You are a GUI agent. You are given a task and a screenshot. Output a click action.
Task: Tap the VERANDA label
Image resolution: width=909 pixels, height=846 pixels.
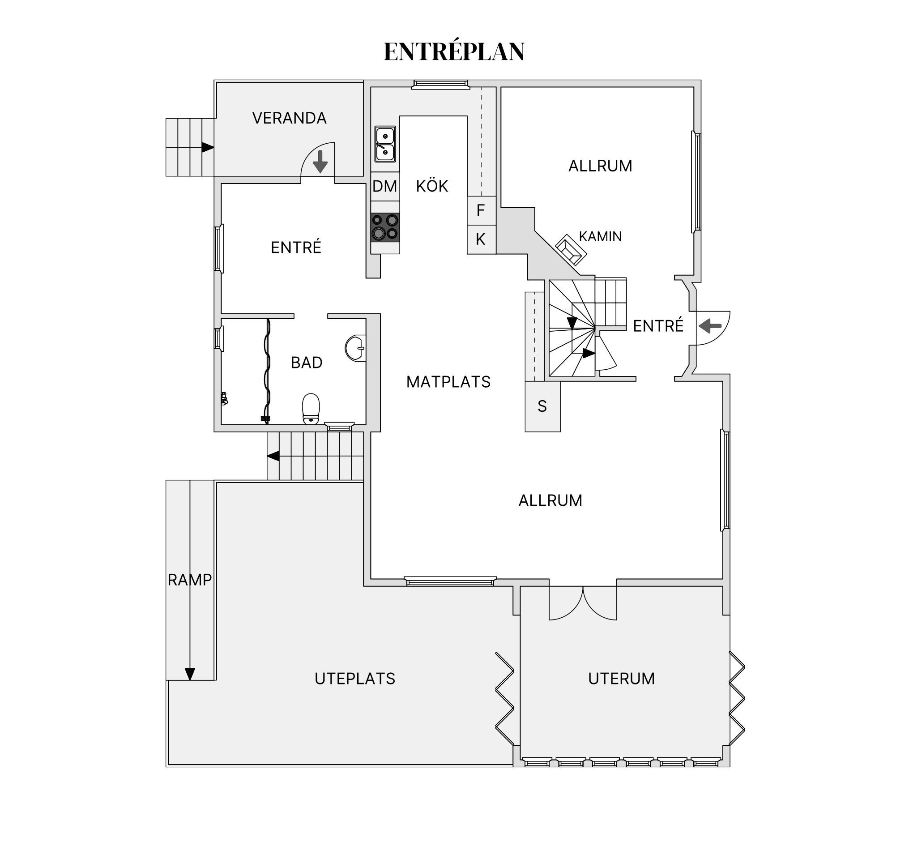[290, 118]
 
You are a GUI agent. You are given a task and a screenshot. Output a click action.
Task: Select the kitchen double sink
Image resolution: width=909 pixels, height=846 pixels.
[385, 144]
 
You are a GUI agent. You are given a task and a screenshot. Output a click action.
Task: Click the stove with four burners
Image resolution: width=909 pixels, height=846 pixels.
[385, 227]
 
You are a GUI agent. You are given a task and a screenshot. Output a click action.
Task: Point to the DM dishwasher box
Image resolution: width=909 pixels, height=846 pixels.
[385, 186]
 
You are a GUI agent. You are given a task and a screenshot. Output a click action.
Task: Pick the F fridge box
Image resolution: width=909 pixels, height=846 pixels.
[482, 210]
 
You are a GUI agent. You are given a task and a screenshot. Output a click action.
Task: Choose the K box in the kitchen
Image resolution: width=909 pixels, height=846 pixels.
[482, 239]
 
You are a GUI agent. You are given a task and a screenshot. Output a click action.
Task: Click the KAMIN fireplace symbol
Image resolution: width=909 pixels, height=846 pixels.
[571, 250]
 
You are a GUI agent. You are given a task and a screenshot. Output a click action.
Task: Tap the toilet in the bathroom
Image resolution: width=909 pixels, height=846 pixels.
[311, 409]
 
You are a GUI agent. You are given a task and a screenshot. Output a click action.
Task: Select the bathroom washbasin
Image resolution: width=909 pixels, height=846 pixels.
[356, 348]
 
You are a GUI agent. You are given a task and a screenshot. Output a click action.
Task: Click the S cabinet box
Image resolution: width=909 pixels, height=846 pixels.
[543, 406]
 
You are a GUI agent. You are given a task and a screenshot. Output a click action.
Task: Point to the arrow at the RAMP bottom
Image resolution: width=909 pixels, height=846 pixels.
[190, 674]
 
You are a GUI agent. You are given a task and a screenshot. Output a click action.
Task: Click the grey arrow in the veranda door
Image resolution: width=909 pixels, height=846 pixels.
[320, 162]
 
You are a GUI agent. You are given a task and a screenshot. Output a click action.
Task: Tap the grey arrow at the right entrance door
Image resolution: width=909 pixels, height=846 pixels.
[710, 326]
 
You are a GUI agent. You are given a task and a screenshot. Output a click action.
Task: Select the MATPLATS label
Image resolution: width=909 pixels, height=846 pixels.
[448, 382]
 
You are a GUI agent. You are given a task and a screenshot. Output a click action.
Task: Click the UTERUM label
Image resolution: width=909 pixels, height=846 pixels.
[621, 679]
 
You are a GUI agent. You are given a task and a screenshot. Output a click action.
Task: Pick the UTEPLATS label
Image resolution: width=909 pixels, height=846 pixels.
[355, 679]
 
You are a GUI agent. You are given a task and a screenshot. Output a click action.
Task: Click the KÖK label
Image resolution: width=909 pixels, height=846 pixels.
[432, 186]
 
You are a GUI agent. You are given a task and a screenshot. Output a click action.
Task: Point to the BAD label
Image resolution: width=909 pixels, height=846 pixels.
[307, 363]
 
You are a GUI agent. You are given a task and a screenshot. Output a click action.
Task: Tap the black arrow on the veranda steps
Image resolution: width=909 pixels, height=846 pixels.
[208, 147]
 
